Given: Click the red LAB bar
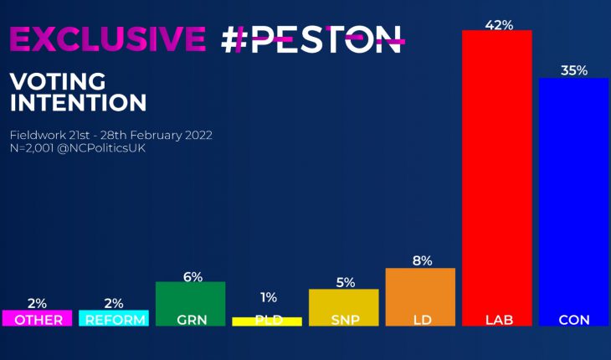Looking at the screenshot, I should click(x=496, y=176).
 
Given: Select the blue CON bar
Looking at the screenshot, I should click(x=572, y=201).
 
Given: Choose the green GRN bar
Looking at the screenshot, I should click(x=190, y=302).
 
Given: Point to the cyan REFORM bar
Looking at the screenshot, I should click(x=114, y=318).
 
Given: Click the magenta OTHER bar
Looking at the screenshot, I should click(x=37, y=318).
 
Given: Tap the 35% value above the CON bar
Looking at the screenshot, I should click(x=573, y=70).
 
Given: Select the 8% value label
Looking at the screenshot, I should click(x=421, y=260).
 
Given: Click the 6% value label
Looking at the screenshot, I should click(x=192, y=277).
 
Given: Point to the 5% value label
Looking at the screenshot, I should click(x=344, y=282).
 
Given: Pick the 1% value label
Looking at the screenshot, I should click(x=268, y=297).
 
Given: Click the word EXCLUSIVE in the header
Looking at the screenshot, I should click(x=106, y=39).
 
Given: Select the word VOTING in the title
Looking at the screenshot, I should click(x=58, y=82).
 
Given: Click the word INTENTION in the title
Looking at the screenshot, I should click(x=77, y=103).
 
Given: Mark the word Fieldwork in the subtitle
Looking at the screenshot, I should click(x=36, y=134).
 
